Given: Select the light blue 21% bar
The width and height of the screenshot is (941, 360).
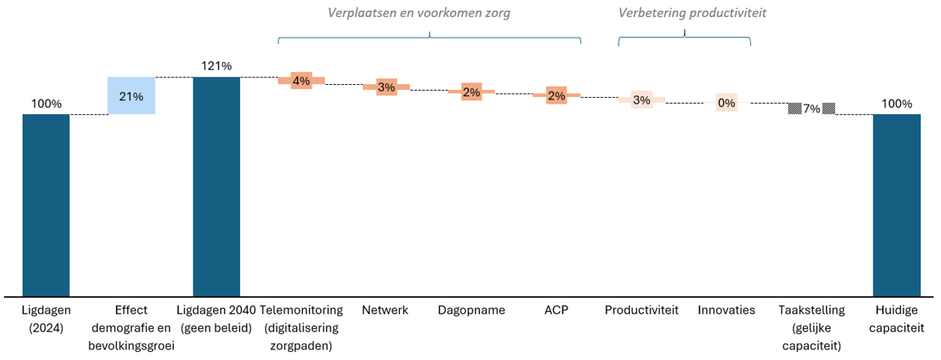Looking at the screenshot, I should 131,96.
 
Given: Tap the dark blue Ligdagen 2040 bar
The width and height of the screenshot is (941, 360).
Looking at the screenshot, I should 216,185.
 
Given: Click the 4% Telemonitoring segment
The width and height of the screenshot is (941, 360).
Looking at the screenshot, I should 301,80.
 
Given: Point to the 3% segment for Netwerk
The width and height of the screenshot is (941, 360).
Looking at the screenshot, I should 386,87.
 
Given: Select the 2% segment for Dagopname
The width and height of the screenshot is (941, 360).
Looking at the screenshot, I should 471,91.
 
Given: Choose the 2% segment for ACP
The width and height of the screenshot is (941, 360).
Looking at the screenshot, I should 557,96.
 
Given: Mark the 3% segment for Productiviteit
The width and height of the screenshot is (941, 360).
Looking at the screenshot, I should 641,100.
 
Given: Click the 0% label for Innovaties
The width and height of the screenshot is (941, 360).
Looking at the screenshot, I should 726,103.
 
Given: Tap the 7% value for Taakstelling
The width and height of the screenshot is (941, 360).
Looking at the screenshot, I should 811,109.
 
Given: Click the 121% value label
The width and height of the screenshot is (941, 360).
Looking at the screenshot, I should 216,66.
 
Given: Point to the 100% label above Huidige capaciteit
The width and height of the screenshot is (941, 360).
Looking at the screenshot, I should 896,104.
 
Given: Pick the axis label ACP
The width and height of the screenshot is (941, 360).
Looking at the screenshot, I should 557,310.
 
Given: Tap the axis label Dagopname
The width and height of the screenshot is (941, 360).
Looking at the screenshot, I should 471,310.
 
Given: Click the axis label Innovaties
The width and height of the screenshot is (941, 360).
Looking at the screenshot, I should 726,310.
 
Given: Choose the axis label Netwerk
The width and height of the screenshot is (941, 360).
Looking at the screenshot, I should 386,310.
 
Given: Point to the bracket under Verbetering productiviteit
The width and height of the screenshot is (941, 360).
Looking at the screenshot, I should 684,37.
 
